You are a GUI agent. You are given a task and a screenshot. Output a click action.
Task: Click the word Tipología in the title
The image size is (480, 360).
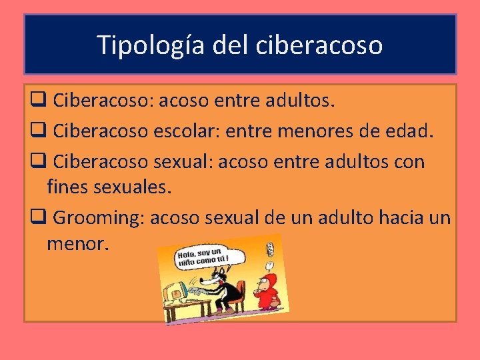[x=153, y=45]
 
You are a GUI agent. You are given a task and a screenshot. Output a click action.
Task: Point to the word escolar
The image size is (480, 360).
[x=176, y=131]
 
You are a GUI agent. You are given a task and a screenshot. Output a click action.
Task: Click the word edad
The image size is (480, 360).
[x=411, y=131]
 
